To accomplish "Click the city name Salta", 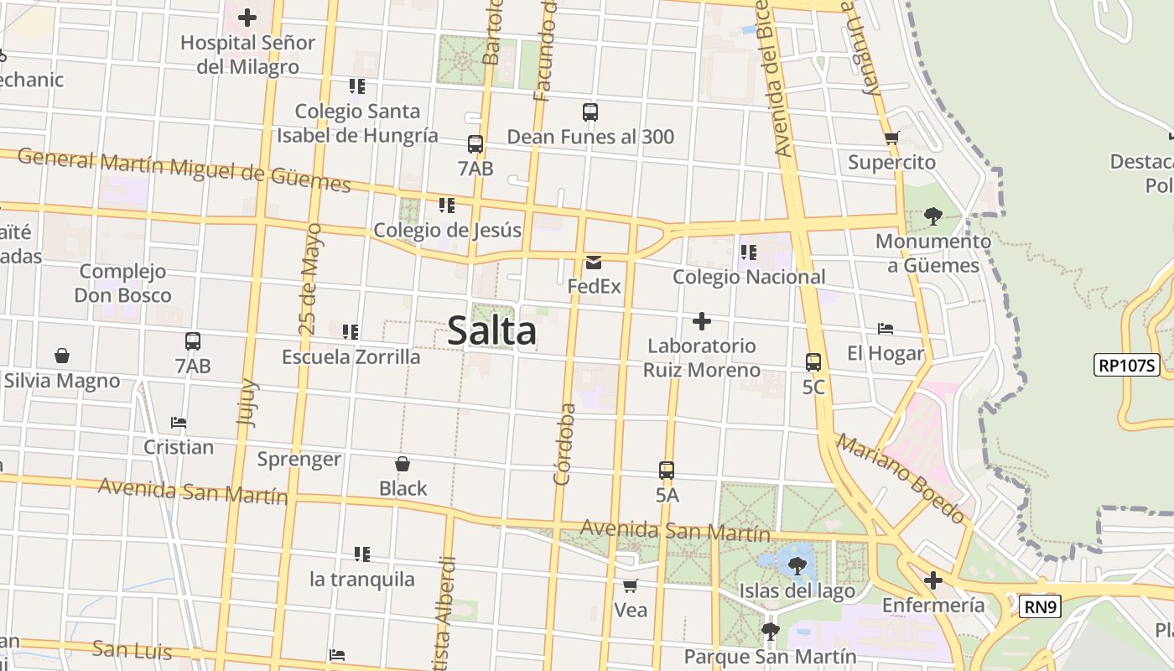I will pyautogui.click(x=492, y=330).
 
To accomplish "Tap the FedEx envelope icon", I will pyautogui.click(x=594, y=263).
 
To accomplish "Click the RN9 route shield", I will pyautogui.click(x=1040, y=606).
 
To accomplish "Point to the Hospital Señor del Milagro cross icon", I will pyautogui.click(x=247, y=18).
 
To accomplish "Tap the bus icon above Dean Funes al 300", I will pyautogui.click(x=590, y=112).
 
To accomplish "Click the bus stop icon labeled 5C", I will pyautogui.click(x=813, y=362).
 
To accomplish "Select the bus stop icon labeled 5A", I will pyautogui.click(x=667, y=471).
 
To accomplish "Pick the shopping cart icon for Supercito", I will pyautogui.click(x=891, y=138).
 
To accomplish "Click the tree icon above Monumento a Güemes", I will pyautogui.click(x=932, y=216).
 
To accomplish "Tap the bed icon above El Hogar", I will pyautogui.click(x=885, y=329).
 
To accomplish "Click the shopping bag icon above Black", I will pyautogui.click(x=403, y=464).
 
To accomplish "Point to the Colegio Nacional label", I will pyautogui.click(x=749, y=277).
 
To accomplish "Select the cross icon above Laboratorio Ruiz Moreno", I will pyautogui.click(x=702, y=321).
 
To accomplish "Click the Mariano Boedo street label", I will pyautogui.click(x=901, y=479).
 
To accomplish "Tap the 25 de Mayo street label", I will pyautogui.click(x=310, y=279).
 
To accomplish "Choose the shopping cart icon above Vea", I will pyautogui.click(x=631, y=585).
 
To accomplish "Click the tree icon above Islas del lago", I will pyautogui.click(x=797, y=566).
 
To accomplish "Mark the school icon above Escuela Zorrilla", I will pyautogui.click(x=351, y=332).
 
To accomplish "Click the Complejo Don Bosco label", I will pyautogui.click(x=122, y=283).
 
